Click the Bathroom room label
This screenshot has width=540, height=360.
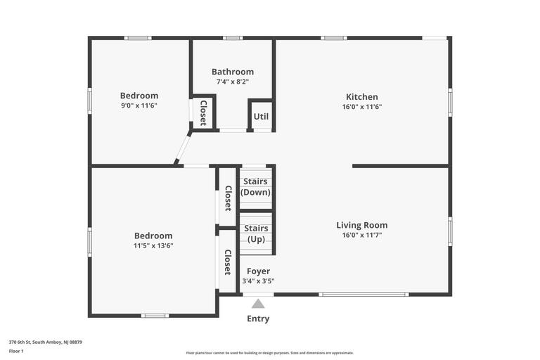tap(233, 72)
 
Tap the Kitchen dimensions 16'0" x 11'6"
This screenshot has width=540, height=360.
tap(362, 107)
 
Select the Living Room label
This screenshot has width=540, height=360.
tap(362, 225)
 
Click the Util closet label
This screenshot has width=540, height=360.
tap(261, 117)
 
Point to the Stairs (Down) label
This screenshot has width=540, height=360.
tap(255, 187)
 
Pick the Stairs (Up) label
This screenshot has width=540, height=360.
tap(256, 233)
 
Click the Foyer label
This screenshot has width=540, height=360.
tap(258, 271)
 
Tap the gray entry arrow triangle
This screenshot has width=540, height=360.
tap(258, 304)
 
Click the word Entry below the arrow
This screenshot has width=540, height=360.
tap(258, 319)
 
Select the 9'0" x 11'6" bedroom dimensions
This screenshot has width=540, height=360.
tap(139, 105)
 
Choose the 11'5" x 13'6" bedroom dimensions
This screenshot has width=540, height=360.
tap(153, 245)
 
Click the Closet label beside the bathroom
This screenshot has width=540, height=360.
tap(203, 113)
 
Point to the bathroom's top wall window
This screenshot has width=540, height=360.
tap(233, 38)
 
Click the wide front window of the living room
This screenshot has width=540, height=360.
tap(364, 295)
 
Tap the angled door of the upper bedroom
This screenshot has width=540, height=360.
tap(183, 150)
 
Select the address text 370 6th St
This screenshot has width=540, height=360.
tap(20, 342)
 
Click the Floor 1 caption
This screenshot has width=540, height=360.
tap(16, 352)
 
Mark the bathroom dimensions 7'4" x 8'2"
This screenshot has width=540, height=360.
tap(233, 82)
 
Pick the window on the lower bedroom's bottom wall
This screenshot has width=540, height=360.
tap(155, 316)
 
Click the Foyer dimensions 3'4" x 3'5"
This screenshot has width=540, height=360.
tap(258, 281)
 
